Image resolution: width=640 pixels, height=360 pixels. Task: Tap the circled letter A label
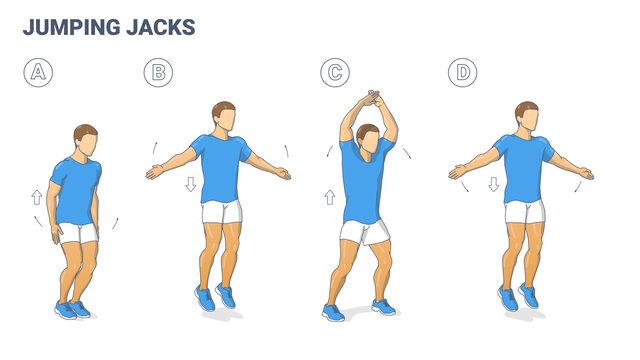coord(37,72)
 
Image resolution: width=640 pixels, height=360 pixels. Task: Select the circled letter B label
coord(157,72)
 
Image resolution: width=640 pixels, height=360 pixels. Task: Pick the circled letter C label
coord(333,72)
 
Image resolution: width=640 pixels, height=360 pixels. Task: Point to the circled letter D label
coord(461,72)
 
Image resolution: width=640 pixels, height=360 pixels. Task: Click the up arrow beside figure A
coord(37,197)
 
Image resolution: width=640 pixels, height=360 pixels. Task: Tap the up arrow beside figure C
coord(329,197)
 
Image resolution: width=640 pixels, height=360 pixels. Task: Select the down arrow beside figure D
coord(493,185)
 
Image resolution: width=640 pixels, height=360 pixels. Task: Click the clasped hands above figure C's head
coord(372,99)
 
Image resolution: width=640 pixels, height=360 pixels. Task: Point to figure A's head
coord(86,140)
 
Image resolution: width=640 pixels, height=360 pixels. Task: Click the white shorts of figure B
coord(222,212)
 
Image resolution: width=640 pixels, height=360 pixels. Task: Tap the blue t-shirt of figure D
coord(523,168)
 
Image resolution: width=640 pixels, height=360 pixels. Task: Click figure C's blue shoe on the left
coord(333,312)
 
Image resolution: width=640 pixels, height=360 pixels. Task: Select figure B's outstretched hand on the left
coord(154,172)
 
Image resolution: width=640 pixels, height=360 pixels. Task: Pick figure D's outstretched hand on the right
coord(585,174)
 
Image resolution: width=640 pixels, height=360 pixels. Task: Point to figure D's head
coord(526,116)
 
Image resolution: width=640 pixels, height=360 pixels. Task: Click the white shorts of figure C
coord(364,232)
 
